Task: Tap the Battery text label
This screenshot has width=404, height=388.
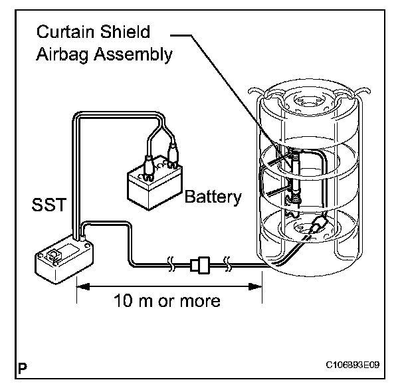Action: click(213, 197)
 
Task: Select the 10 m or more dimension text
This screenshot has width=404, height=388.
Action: click(167, 300)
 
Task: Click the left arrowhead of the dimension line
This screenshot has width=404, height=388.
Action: click(82, 287)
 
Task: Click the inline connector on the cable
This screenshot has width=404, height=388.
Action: click(199, 266)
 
